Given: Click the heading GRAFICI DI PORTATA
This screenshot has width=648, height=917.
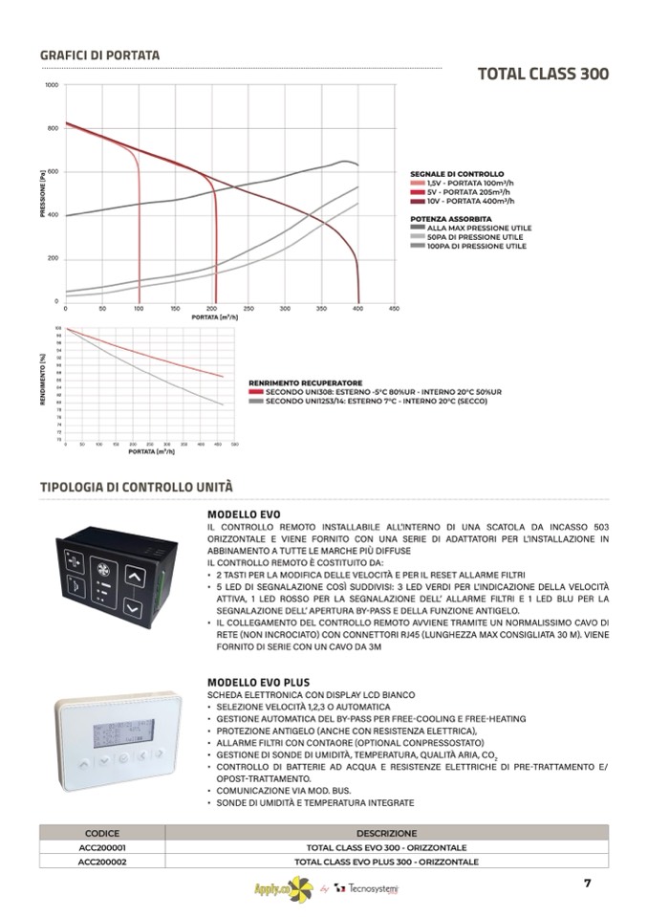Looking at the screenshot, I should [99, 55].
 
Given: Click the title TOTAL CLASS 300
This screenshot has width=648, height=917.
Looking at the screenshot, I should [543, 75].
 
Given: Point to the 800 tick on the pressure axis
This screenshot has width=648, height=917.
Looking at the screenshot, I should [53, 128].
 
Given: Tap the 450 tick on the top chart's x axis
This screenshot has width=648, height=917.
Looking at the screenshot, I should [394, 309].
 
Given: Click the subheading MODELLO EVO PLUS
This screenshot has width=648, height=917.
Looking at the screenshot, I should [251, 682].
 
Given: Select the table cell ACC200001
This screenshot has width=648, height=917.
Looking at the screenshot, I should [102, 847].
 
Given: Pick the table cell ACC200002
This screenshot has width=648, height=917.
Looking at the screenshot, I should [102, 862].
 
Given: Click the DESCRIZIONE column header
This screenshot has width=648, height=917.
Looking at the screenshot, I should [386, 833].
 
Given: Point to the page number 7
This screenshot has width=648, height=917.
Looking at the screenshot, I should [588, 883].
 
